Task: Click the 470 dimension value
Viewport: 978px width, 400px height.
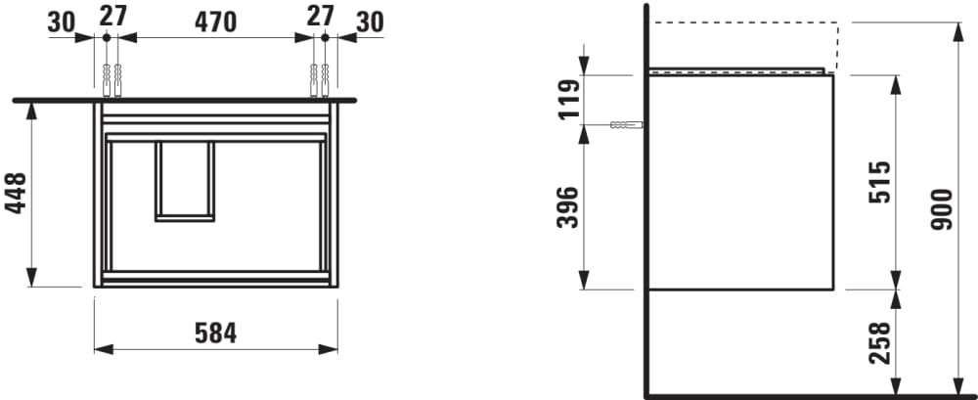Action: pyautogui.click(x=215, y=22)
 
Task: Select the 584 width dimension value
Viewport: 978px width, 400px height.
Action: pyautogui.click(x=215, y=333)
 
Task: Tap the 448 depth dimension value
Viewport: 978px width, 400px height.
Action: pyautogui.click(x=17, y=193)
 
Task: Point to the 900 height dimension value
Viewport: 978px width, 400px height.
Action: pyautogui.click(x=942, y=209)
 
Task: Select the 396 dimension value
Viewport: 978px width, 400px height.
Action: pyautogui.click(x=567, y=207)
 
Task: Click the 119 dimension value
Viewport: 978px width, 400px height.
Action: pyautogui.click(x=567, y=99)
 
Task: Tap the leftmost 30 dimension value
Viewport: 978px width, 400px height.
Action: pyautogui.click(x=61, y=22)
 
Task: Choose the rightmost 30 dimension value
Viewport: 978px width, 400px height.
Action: pyautogui.click(x=370, y=22)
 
